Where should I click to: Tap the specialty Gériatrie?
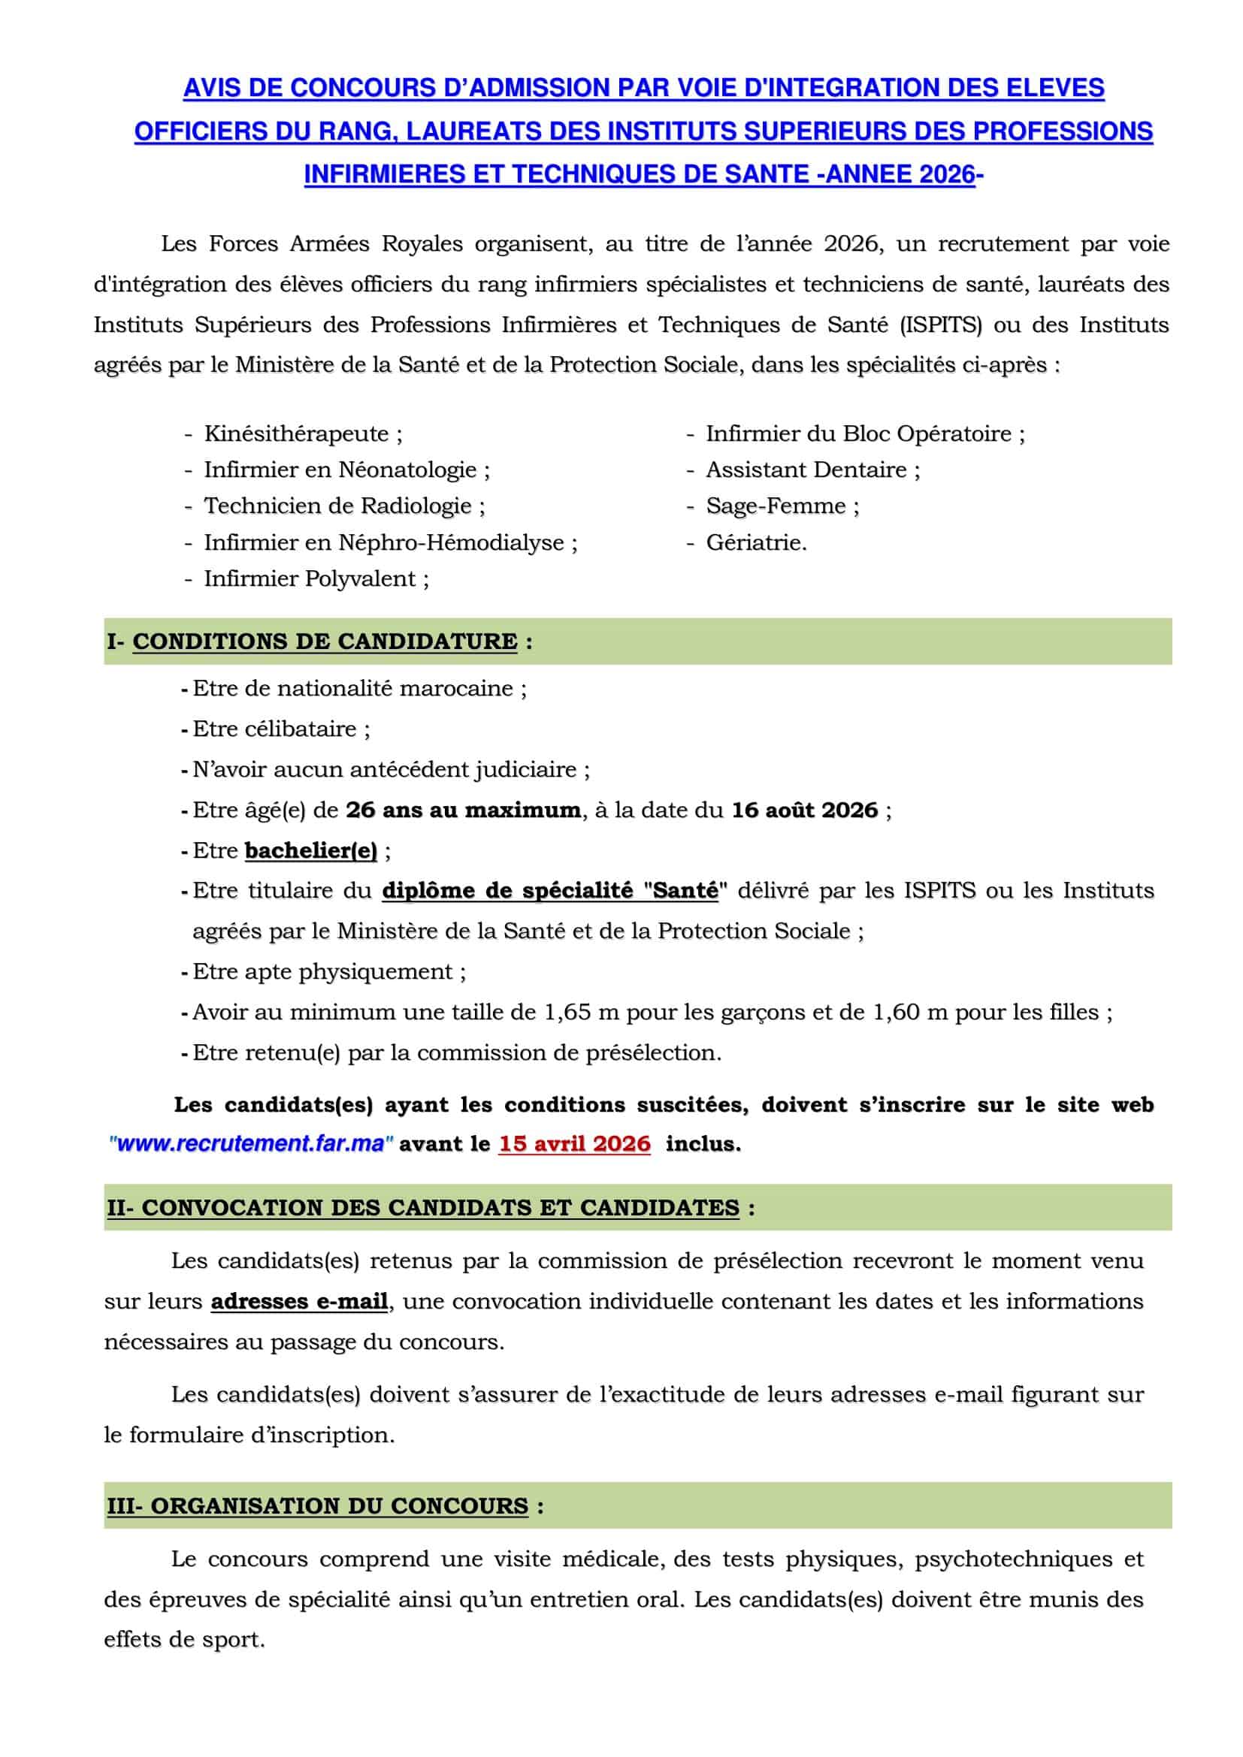point(755,542)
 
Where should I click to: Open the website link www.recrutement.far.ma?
point(251,1144)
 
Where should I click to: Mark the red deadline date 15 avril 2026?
point(574,1144)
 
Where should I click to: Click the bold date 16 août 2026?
point(804,811)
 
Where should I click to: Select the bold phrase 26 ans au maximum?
point(463,811)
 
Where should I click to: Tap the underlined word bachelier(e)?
point(311,851)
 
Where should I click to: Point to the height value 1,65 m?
point(581,1013)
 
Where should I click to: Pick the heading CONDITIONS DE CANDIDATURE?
point(325,642)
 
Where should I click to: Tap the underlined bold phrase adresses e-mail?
point(299,1302)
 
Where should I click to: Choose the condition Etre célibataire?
point(275,729)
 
